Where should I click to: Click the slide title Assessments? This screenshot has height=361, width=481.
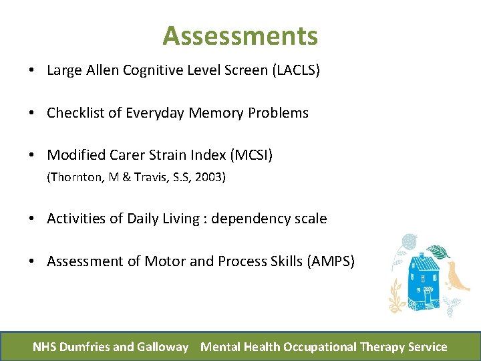pos(240,35)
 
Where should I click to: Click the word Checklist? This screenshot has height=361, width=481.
pos(73,113)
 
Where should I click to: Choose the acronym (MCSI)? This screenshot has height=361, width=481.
pos(251,155)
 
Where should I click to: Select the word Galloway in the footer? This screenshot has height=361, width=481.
pos(163,346)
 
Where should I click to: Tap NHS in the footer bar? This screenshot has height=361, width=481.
pos(45,346)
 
